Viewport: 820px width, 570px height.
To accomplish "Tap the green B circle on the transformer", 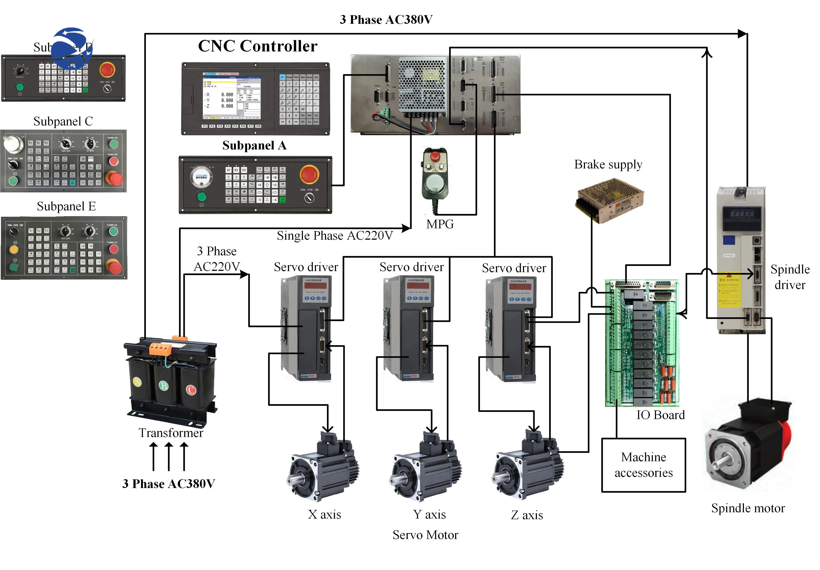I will pos(164,386).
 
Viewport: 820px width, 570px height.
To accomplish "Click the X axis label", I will pos(324,514).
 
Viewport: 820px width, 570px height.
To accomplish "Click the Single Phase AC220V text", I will pos(335,236).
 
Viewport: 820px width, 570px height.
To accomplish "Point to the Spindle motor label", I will pos(748,508).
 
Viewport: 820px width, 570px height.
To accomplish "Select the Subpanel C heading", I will pos(63,121).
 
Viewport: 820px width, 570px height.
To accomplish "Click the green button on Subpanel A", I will pos(202,196).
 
